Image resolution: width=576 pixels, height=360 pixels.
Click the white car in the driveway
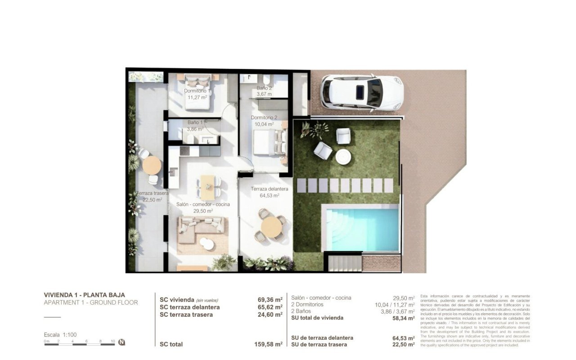[362, 93]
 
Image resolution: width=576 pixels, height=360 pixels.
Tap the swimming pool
[362, 229]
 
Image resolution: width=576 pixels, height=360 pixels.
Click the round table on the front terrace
[272, 226]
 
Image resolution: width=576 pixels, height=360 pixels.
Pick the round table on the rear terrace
[152, 165]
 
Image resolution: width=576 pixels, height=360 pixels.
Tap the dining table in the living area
[207, 186]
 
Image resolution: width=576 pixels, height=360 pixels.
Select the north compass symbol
[122, 342]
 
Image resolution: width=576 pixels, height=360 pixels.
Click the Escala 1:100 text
[60, 335]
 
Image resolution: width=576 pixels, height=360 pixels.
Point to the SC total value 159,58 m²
[268, 344]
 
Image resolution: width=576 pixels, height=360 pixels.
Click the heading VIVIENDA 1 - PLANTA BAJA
[85, 295]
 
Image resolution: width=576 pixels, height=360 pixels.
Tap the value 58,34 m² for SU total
[403, 318]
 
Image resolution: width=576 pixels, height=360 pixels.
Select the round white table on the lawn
[344, 157]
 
